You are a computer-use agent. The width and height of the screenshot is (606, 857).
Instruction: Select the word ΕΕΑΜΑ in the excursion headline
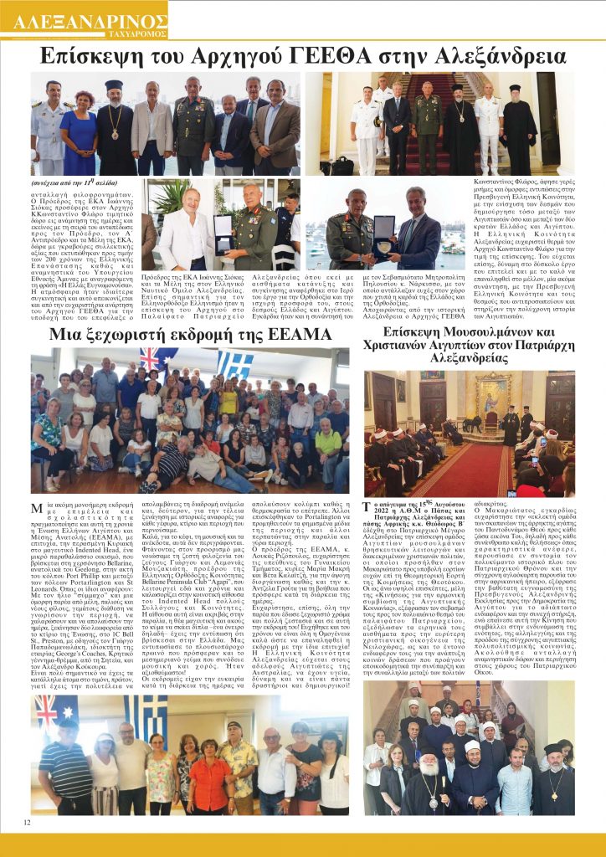tap(289, 335)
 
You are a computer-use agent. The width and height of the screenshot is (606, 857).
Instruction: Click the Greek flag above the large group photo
tap(235, 362)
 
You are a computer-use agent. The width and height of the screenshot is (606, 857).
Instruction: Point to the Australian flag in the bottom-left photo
tap(52, 711)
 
